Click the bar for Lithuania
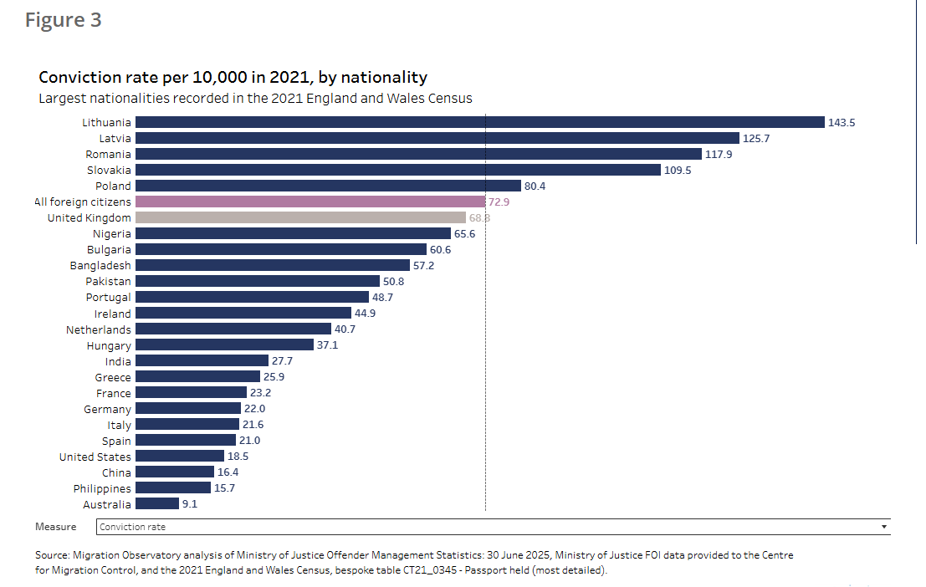click(x=480, y=122)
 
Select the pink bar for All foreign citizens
click(x=310, y=202)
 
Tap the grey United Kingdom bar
click(x=300, y=217)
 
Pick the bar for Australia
click(x=157, y=503)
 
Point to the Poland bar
click(x=329, y=186)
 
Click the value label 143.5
click(x=842, y=123)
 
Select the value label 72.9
click(x=499, y=202)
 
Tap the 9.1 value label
click(x=190, y=503)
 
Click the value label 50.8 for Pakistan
click(x=393, y=282)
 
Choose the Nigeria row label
click(x=111, y=234)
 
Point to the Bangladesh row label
click(x=100, y=266)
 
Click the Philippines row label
click(x=102, y=489)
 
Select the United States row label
click(x=95, y=457)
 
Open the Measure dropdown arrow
click(x=884, y=527)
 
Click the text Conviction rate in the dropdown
click(x=132, y=527)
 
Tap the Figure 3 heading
click(x=64, y=20)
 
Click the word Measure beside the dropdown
click(x=55, y=527)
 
